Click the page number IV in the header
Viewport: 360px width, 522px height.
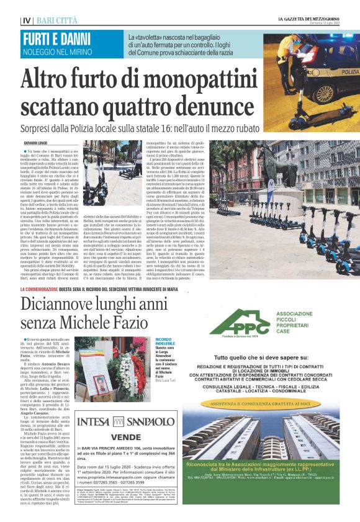tap(26, 20)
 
